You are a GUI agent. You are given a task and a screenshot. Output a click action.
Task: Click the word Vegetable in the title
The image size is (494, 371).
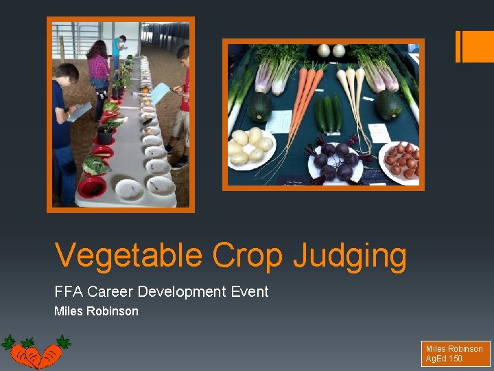(128, 256)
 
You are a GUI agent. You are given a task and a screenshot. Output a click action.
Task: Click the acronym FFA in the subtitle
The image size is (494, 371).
(69, 291)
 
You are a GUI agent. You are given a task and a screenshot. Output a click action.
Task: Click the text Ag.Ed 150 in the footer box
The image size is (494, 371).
(444, 359)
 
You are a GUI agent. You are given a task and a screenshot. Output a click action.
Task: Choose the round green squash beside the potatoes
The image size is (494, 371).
(259, 106)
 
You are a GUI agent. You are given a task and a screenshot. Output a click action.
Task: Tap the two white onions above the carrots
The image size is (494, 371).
(331, 51)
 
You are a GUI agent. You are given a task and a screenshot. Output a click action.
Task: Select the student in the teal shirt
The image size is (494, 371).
(117, 52)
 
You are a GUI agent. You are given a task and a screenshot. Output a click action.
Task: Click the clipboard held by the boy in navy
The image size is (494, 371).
(79, 112)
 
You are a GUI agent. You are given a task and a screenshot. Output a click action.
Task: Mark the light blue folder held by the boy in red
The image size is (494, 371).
(159, 93)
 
